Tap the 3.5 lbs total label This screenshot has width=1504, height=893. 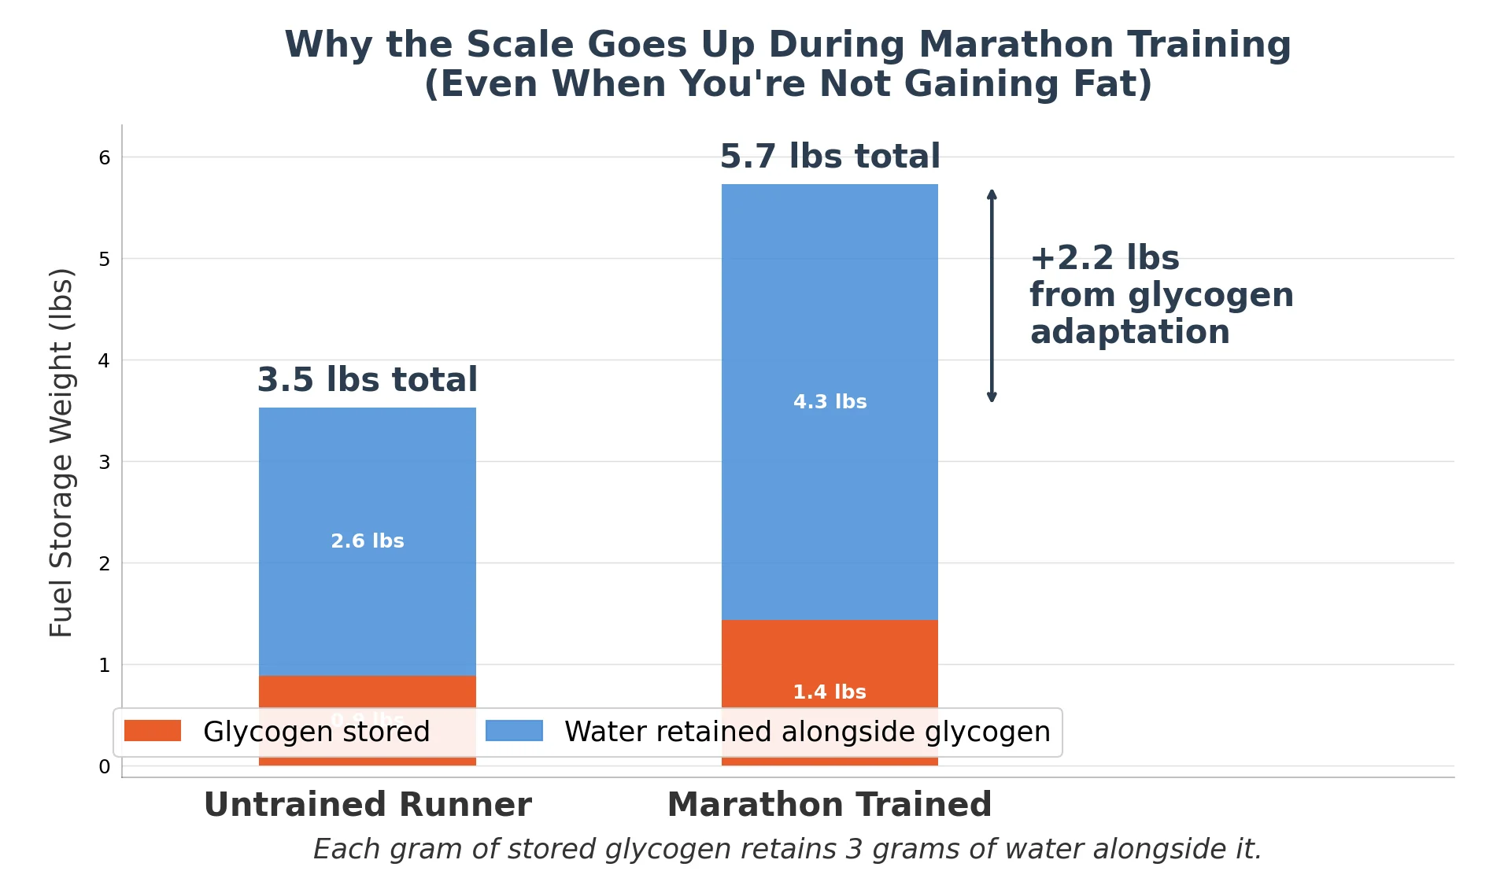(367, 380)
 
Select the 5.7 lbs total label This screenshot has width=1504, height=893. (830, 157)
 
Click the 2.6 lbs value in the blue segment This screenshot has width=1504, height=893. (367, 541)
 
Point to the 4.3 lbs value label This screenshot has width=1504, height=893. (830, 402)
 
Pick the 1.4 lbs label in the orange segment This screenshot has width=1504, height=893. (829, 692)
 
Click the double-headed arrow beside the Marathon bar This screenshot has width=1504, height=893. (992, 296)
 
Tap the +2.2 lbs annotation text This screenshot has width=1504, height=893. (1104, 258)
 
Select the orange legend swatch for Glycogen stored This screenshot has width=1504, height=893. (153, 731)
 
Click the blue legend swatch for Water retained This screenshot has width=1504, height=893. (514, 731)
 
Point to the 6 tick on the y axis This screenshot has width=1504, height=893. (105, 158)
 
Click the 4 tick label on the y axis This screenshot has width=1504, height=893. (105, 361)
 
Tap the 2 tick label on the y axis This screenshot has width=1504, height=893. (105, 563)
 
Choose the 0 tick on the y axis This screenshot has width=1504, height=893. (105, 766)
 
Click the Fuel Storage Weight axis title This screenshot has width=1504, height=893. (61, 452)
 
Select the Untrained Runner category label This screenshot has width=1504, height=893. (368, 805)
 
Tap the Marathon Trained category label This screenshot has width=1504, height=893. (829, 805)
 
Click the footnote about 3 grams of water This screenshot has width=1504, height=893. (787, 850)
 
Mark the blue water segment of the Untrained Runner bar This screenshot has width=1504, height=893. (367, 472)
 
